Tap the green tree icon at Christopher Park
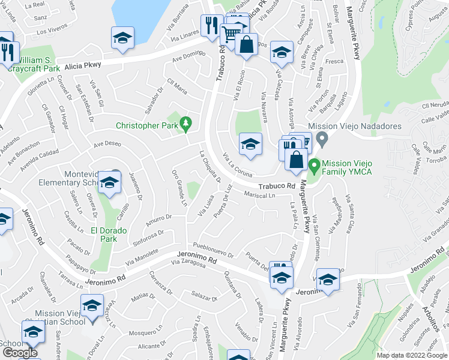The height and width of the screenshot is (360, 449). [186, 124]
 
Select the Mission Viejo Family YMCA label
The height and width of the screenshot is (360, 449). [356, 167]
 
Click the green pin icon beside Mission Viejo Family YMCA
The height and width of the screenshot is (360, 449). [313, 164]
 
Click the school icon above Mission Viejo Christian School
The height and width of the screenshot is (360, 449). [92, 306]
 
